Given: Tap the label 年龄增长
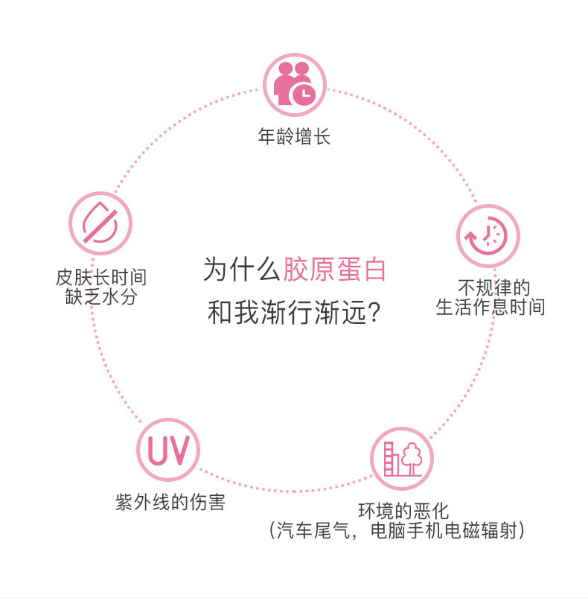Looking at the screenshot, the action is (294, 137).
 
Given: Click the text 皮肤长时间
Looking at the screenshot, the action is (101, 278).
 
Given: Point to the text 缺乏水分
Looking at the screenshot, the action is (101, 297).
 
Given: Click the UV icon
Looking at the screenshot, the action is (168, 452).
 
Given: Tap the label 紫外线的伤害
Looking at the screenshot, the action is (170, 502).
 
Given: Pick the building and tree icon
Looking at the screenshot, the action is (401, 458).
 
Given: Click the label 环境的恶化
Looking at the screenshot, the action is (403, 512).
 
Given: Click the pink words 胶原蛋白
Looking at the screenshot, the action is (335, 269).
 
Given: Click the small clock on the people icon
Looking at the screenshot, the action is (304, 94).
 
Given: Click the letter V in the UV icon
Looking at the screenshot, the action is (183, 452).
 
